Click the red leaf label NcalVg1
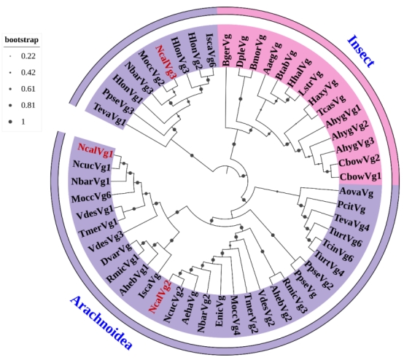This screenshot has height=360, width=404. [x=96, y=150]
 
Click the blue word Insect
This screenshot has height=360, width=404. [x=361, y=51]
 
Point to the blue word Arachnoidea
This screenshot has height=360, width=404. [x=101, y=323]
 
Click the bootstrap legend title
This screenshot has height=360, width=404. [x=22, y=39]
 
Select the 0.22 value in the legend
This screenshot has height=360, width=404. [x=28, y=56]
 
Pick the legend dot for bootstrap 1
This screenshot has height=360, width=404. [x=10, y=122]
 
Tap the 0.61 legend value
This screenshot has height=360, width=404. [x=28, y=89]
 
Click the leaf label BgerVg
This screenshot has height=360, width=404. [x=227, y=50]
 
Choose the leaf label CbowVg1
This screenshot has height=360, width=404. [x=360, y=176]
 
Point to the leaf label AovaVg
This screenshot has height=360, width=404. [x=357, y=192]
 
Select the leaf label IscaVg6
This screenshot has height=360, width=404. [x=210, y=51]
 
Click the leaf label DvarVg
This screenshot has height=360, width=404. [x=116, y=254]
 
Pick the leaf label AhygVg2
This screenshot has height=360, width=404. [x=350, y=131]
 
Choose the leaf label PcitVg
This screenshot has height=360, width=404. [x=351, y=206]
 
